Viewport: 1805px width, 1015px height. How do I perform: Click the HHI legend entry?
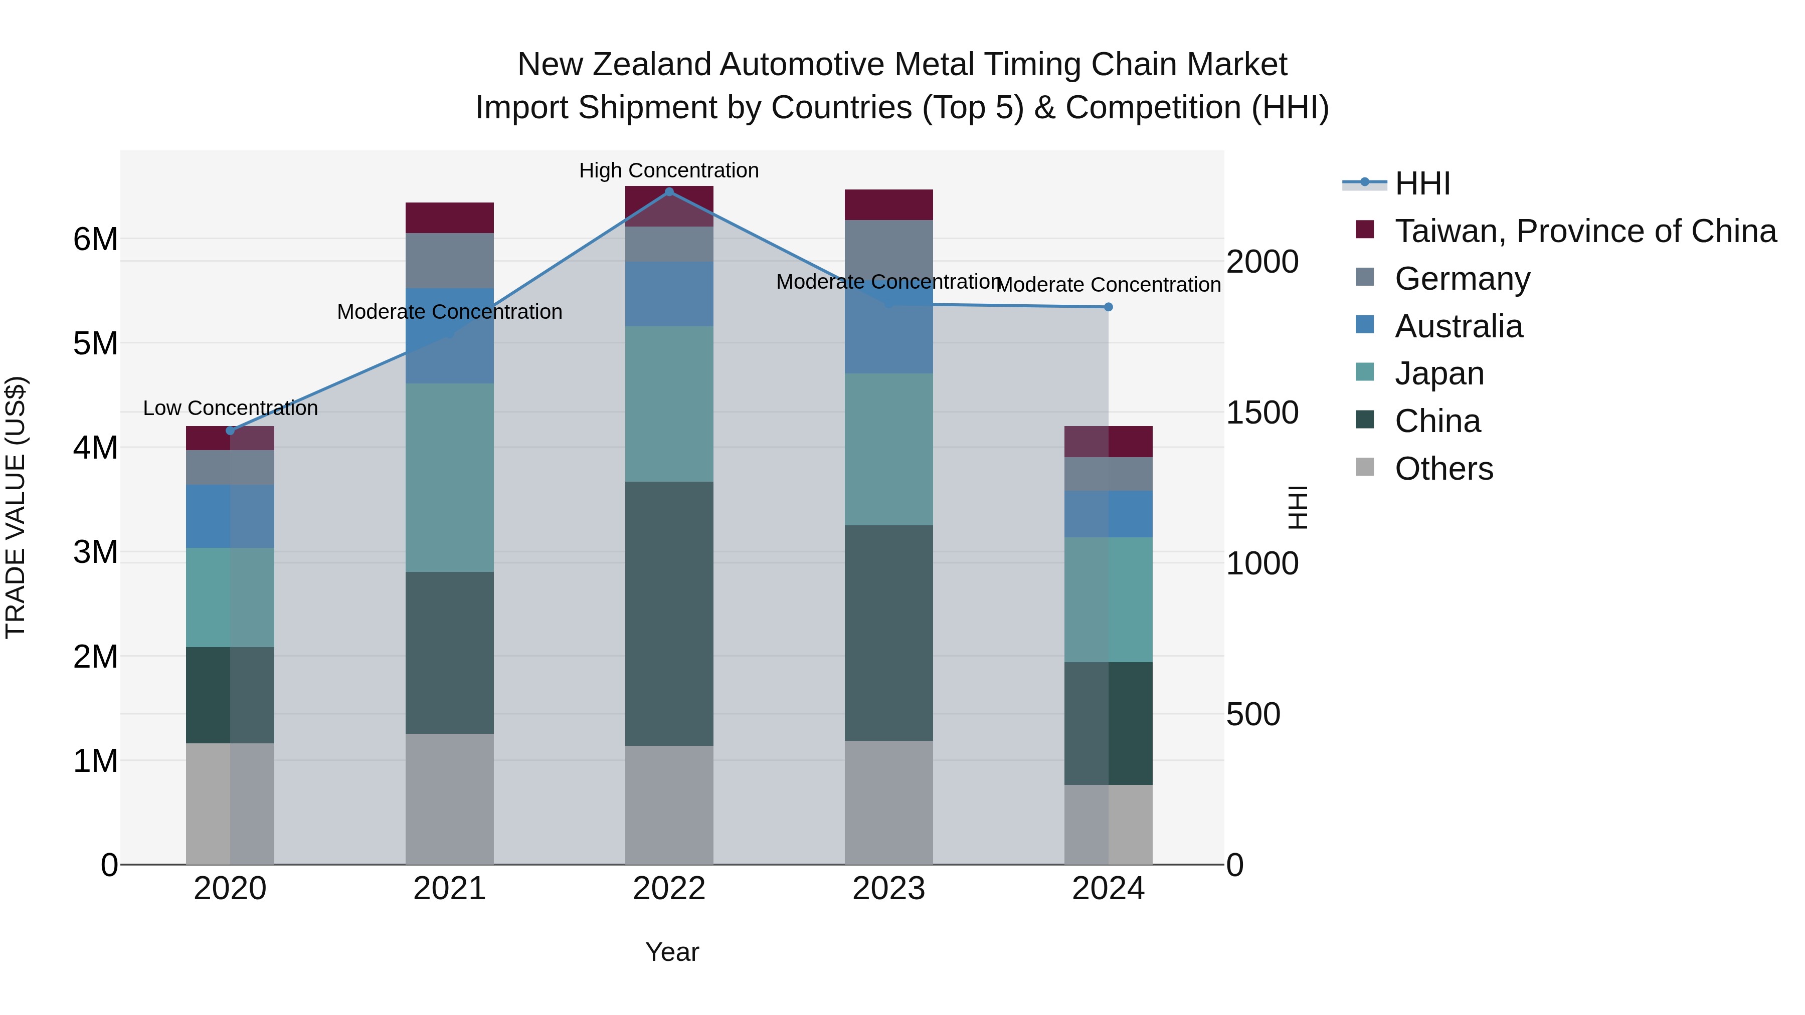coord(1422,183)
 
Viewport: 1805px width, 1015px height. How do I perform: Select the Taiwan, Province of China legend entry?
coord(1585,231)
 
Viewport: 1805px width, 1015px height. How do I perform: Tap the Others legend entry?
coord(1443,469)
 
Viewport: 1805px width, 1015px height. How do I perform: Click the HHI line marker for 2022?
coord(669,191)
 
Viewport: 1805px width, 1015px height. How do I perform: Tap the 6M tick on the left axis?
coord(95,240)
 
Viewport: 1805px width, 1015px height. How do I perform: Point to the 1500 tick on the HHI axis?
coord(1262,413)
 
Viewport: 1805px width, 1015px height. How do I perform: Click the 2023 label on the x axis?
coord(888,889)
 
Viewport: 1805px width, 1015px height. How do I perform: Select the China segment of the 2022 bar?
coord(669,614)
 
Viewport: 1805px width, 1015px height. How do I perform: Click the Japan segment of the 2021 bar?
coord(449,477)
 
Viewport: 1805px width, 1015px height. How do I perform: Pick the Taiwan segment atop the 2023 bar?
coord(888,205)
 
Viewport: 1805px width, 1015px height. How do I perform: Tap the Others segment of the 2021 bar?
coord(449,798)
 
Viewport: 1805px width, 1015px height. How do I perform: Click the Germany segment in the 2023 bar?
coord(888,249)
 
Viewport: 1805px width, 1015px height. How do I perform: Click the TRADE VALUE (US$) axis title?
coord(16,507)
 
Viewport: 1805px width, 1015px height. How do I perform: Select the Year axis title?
coord(671,952)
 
